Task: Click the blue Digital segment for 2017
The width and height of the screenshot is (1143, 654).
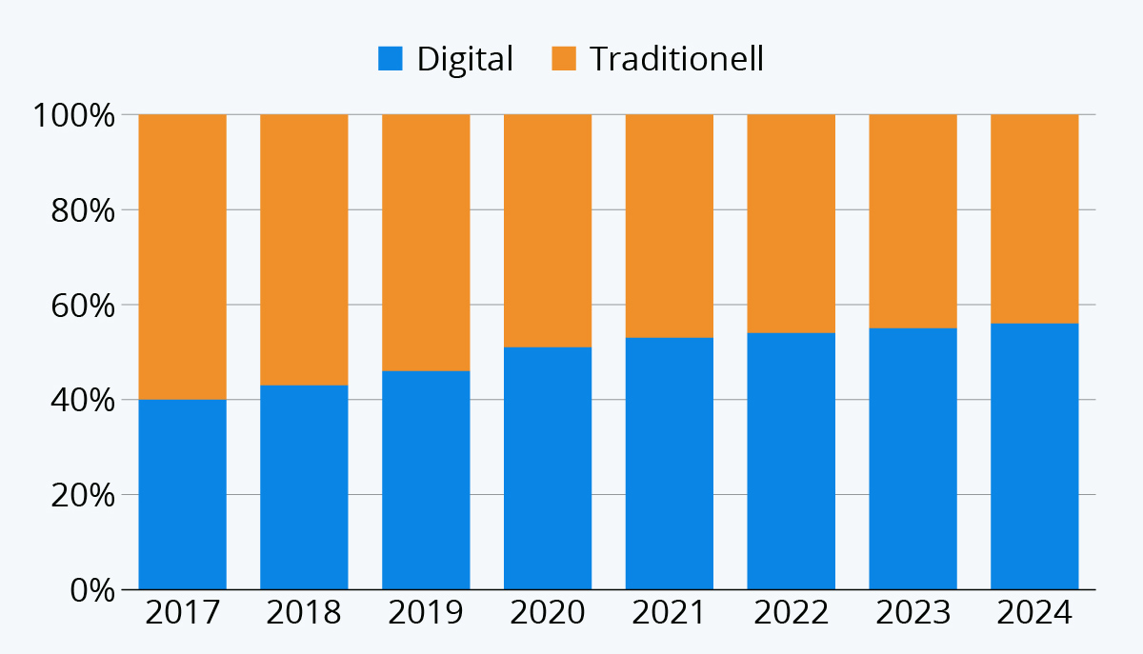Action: coord(182,494)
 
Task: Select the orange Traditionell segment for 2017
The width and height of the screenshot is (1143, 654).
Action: coord(182,257)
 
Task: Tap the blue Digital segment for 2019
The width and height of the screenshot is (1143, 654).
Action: coord(426,480)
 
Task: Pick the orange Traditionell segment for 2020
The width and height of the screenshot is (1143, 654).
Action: coord(548,231)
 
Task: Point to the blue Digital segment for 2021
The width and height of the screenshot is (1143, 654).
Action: coord(670,464)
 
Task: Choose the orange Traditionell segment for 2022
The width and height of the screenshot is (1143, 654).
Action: coord(791,224)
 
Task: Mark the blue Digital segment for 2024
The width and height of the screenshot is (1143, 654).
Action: coord(1034,457)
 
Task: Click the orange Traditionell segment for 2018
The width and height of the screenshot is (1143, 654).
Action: coord(304,250)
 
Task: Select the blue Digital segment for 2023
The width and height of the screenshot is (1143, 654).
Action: coord(912,459)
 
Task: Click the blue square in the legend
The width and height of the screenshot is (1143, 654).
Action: coord(391,59)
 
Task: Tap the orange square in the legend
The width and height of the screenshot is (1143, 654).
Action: coord(564,59)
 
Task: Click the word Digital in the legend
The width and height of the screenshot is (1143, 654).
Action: coord(465,60)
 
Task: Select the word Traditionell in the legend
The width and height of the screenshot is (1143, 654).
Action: coord(676,59)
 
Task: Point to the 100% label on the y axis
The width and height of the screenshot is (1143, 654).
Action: coord(74,115)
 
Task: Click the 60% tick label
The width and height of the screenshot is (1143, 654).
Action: coord(83,306)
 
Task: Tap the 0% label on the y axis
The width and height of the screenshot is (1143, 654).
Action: coord(92,591)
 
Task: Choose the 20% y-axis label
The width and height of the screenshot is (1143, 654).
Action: coord(83,495)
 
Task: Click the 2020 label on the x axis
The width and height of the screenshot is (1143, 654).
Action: coord(548,612)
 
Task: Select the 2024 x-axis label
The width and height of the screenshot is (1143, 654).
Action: coord(1034,612)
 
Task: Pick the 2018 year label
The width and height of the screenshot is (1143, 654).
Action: coord(304,612)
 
